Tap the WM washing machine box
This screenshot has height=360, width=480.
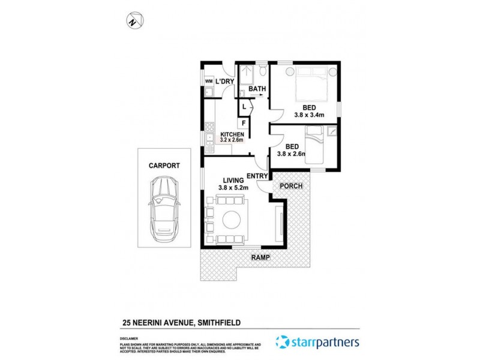[x=209, y=81]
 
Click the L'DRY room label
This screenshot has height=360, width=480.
[x=224, y=82]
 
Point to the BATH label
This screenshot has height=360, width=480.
[x=257, y=89]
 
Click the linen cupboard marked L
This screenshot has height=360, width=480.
[x=244, y=107]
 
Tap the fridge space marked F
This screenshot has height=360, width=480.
[x=243, y=123]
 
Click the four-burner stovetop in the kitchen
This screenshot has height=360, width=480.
[x=210, y=127]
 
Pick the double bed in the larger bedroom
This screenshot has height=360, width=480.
[x=311, y=85]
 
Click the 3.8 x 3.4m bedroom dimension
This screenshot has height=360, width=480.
[x=309, y=115]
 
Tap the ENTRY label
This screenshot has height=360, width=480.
[x=257, y=175]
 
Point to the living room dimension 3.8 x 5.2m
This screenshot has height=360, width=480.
[x=233, y=187]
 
